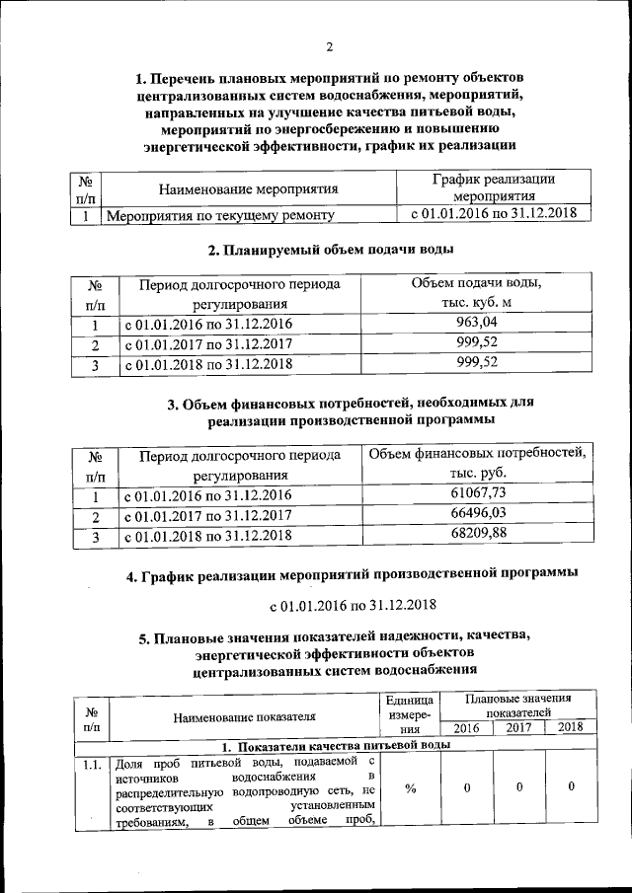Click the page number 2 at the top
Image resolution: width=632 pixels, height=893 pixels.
click(330, 46)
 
